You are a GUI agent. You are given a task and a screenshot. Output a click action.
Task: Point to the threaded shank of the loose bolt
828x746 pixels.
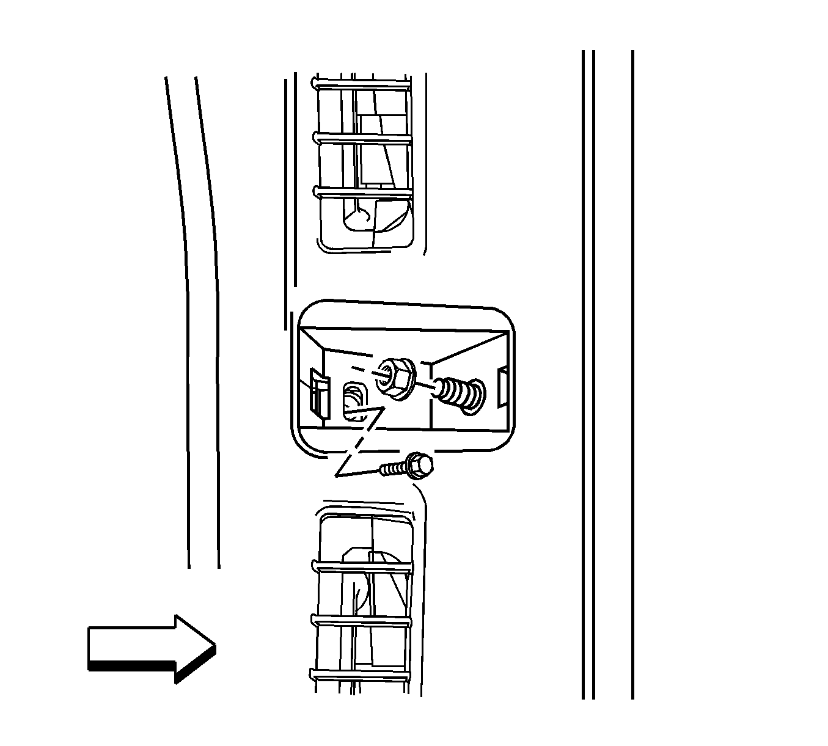[x=394, y=469]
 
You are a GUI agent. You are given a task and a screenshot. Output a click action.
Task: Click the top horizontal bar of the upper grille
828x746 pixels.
[x=363, y=89]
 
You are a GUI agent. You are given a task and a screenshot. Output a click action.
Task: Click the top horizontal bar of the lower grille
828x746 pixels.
[x=363, y=569]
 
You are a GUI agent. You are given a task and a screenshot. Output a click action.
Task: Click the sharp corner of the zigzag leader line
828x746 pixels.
[x=336, y=476]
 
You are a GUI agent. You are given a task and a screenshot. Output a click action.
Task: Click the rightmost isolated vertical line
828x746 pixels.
[x=632, y=373]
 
